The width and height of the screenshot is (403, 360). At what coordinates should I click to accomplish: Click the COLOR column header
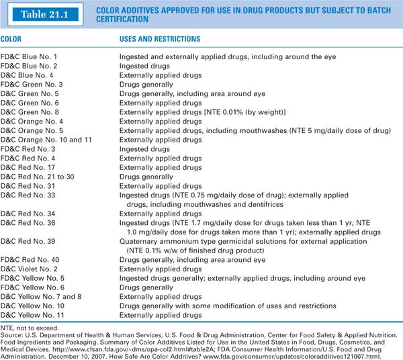click(13, 40)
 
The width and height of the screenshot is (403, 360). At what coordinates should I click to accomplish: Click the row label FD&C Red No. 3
click(28, 148)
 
